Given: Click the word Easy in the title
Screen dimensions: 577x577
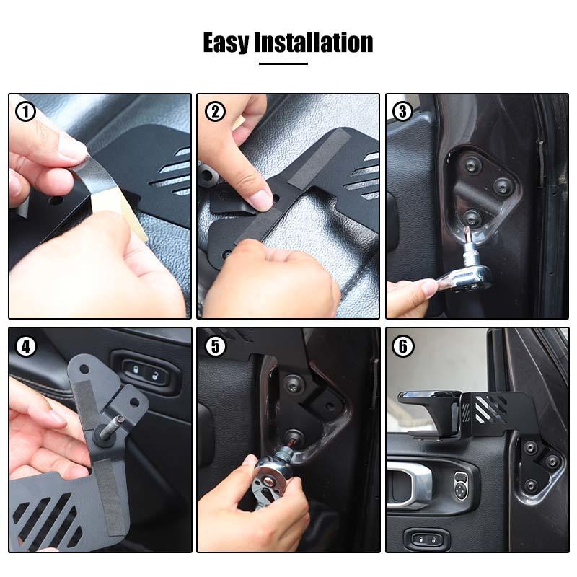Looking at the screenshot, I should (x=226, y=43).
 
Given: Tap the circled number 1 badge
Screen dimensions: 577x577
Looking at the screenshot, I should (x=27, y=112).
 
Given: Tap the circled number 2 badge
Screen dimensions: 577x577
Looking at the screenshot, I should (x=215, y=112).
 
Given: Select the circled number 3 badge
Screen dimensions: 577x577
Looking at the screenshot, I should (x=403, y=112).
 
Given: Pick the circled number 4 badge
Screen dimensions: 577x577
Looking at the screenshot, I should (x=27, y=346).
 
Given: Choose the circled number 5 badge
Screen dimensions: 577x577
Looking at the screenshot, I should (x=215, y=346).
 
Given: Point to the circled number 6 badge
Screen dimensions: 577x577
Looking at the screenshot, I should (x=403, y=346).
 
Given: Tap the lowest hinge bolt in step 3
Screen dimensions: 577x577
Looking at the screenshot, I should (x=470, y=216).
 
